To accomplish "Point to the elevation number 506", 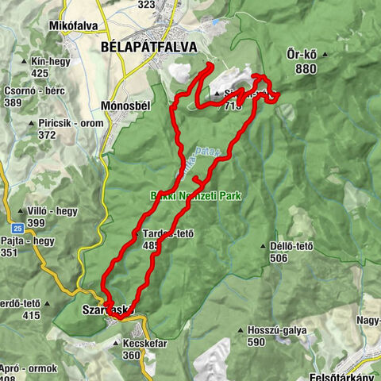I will pos(300,259).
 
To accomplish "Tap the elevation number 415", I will pos(31,316).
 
